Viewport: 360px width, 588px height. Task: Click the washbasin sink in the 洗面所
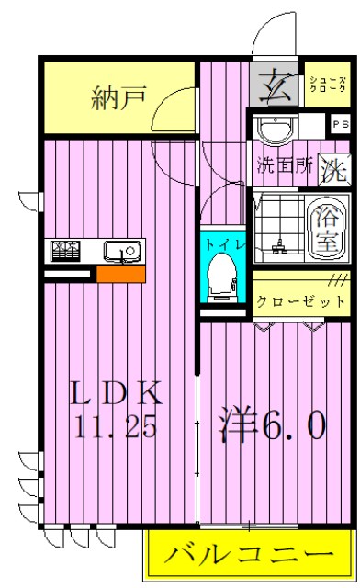274,130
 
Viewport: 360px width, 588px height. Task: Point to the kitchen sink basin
119,250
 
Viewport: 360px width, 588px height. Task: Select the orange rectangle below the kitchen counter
120,274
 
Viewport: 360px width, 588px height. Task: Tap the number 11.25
118,426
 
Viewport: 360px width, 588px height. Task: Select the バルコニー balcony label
248,556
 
